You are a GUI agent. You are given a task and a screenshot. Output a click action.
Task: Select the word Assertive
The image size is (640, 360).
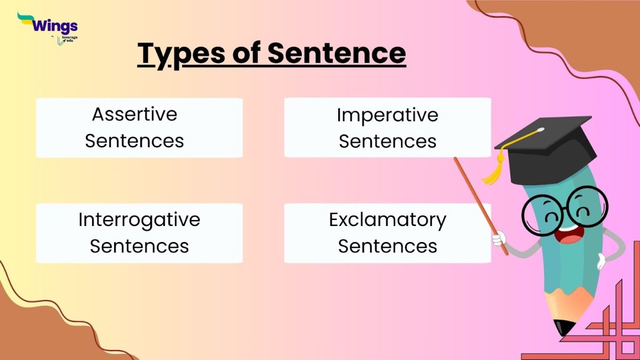point(135,114)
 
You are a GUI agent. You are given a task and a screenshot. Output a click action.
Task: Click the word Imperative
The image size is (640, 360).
point(387,115)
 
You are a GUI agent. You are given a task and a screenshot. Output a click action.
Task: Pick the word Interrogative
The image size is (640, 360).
point(139,219)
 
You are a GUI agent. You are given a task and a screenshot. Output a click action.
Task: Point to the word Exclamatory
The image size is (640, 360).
point(387,219)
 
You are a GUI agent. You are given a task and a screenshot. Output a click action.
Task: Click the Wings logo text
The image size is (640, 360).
point(55,25)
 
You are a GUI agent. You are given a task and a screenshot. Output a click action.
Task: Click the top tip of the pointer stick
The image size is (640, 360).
point(456,160)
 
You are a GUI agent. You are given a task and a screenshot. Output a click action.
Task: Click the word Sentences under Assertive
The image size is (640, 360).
point(135,141)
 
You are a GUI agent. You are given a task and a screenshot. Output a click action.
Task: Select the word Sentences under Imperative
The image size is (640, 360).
point(387,141)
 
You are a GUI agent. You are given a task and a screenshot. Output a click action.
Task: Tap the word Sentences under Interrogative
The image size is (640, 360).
point(139,246)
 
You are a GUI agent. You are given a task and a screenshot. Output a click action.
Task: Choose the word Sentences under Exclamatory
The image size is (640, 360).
point(387,246)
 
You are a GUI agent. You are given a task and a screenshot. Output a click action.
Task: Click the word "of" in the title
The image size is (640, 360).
point(243,53)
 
